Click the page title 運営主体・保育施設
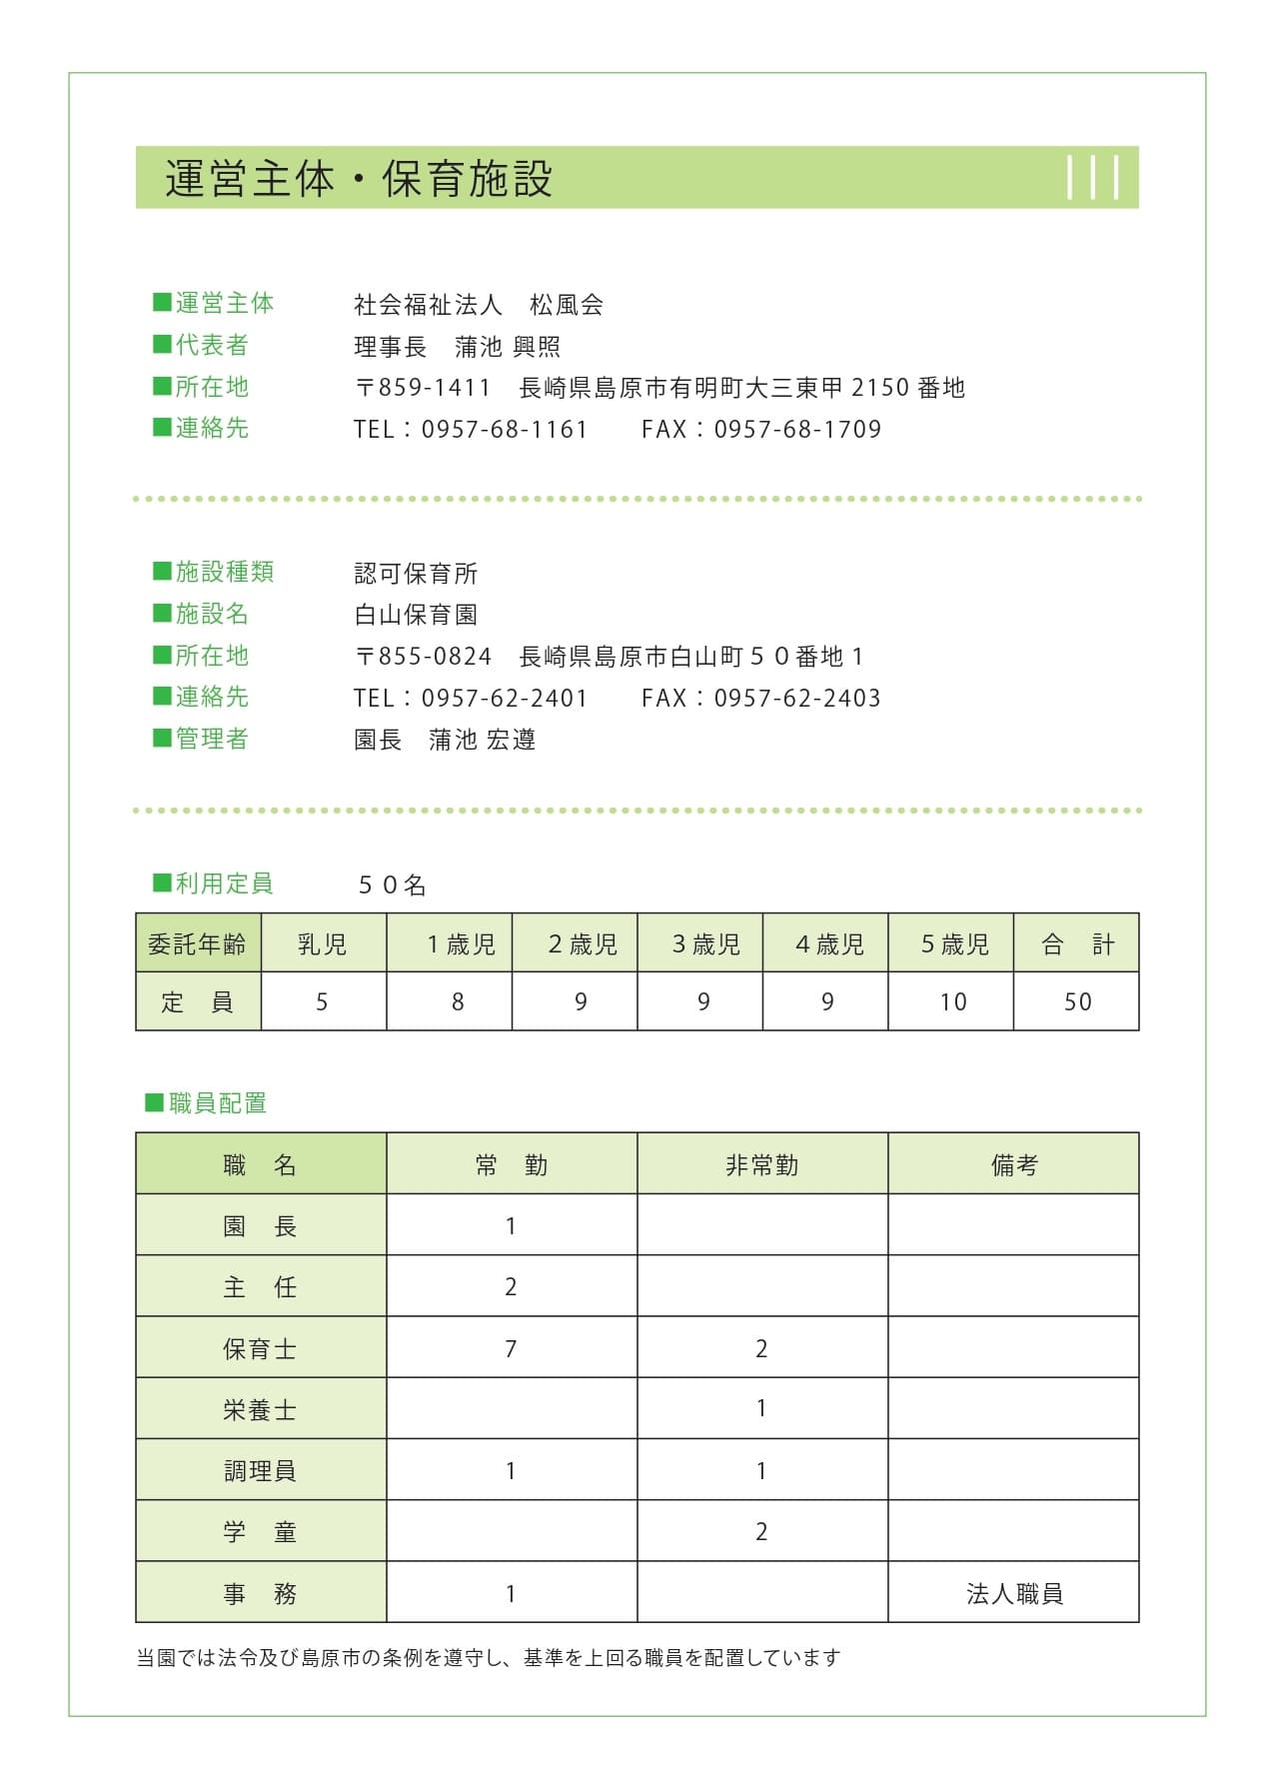click(x=359, y=179)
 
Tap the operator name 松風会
click(x=567, y=305)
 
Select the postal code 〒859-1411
click(x=423, y=388)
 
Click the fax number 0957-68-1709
click(x=797, y=430)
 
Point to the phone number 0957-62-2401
click(x=504, y=699)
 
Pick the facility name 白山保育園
click(x=416, y=615)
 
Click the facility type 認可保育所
click(x=416, y=574)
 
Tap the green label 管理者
click(x=211, y=739)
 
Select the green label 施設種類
click(x=224, y=572)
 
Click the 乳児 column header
click(x=323, y=943)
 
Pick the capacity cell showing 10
click(x=952, y=1001)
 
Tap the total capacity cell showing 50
click(x=1077, y=1001)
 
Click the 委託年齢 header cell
click(x=197, y=943)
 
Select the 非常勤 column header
click(x=761, y=1165)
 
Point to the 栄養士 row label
click(x=260, y=1410)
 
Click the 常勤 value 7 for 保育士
click(x=511, y=1349)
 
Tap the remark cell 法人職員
click(x=1014, y=1594)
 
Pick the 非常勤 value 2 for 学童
click(x=761, y=1532)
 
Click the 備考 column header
click(x=1014, y=1165)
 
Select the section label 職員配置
click(x=217, y=1103)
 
